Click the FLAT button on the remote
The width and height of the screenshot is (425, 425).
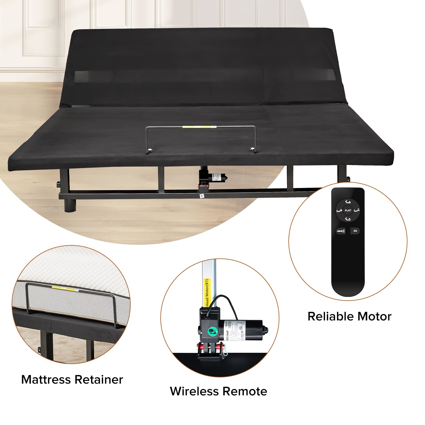[348, 211]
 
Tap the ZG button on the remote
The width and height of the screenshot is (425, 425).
[355, 231]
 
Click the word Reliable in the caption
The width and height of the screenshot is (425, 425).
[328, 316]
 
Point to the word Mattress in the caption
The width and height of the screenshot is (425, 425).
[46, 380]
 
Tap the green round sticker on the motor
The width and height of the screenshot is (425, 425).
[212, 331]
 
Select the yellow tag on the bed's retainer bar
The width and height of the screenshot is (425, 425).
[197, 127]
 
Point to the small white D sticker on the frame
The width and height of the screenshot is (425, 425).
[202, 196]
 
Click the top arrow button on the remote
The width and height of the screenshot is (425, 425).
[348, 202]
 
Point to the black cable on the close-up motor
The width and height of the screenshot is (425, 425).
[227, 300]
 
